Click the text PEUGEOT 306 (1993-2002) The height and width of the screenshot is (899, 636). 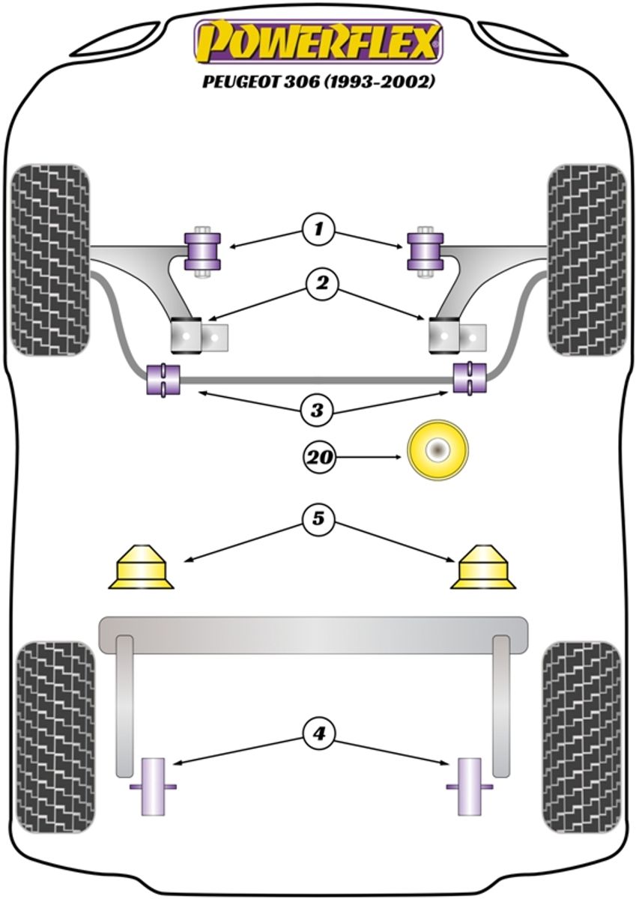[x=318, y=82]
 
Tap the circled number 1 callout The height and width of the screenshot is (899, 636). [x=318, y=228]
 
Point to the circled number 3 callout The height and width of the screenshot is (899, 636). [x=317, y=410]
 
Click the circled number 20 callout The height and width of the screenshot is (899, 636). [x=320, y=455]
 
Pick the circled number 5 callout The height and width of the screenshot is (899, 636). [x=319, y=518]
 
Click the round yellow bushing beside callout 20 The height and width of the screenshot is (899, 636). [x=437, y=450]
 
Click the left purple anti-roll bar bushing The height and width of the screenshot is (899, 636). [x=164, y=379]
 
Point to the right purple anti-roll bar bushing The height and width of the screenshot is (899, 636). [x=470, y=378]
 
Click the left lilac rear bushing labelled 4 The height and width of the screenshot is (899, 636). [x=154, y=786]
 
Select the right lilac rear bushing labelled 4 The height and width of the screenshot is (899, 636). [x=470, y=786]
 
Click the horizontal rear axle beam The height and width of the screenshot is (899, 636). [x=313, y=632]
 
